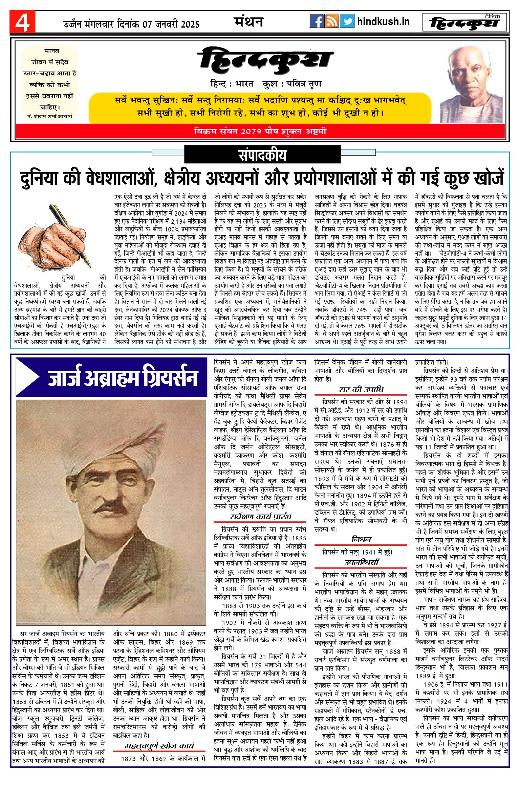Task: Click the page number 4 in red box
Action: (x=22, y=22)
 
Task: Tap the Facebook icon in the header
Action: (x=317, y=21)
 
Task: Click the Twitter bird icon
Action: (x=347, y=21)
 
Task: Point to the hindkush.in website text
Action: (x=383, y=22)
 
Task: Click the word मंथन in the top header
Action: (x=249, y=22)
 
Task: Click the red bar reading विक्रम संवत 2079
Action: (x=260, y=131)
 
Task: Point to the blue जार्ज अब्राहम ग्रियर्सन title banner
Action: (x=112, y=377)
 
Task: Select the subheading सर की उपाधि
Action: (x=361, y=389)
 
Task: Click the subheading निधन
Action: (x=361, y=539)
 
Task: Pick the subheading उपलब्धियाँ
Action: (x=361, y=562)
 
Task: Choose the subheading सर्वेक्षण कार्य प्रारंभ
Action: (x=260, y=516)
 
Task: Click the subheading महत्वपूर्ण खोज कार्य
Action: (x=159, y=745)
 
